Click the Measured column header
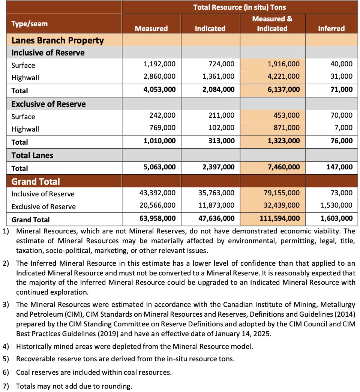pyautogui.click(x=151, y=28)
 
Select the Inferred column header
pyautogui.click(x=331, y=28)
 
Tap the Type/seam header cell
pyautogui.click(x=30, y=24)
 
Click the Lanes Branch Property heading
pyautogui.click(x=58, y=40)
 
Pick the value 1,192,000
pyautogui.click(x=159, y=64)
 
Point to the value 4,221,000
pyautogui.click(x=283, y=76)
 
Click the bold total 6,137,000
pyautogui.click(x=283, y=90)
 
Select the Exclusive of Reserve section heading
pyautogui.click(x=49, y=104)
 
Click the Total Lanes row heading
pyautogui.click(x=32, y=155)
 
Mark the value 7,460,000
pyautogui.click(x=283, y=167)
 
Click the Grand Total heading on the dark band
pyautogui.click(x=36, y=182)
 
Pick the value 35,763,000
pyautogui.click(x=216, y=193)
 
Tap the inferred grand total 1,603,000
pyautogui.click(x=336, y=218)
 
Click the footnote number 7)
pyautogui.click(x=6, y=386)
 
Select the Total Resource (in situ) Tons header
pyautogui.click(x=240, y=7)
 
